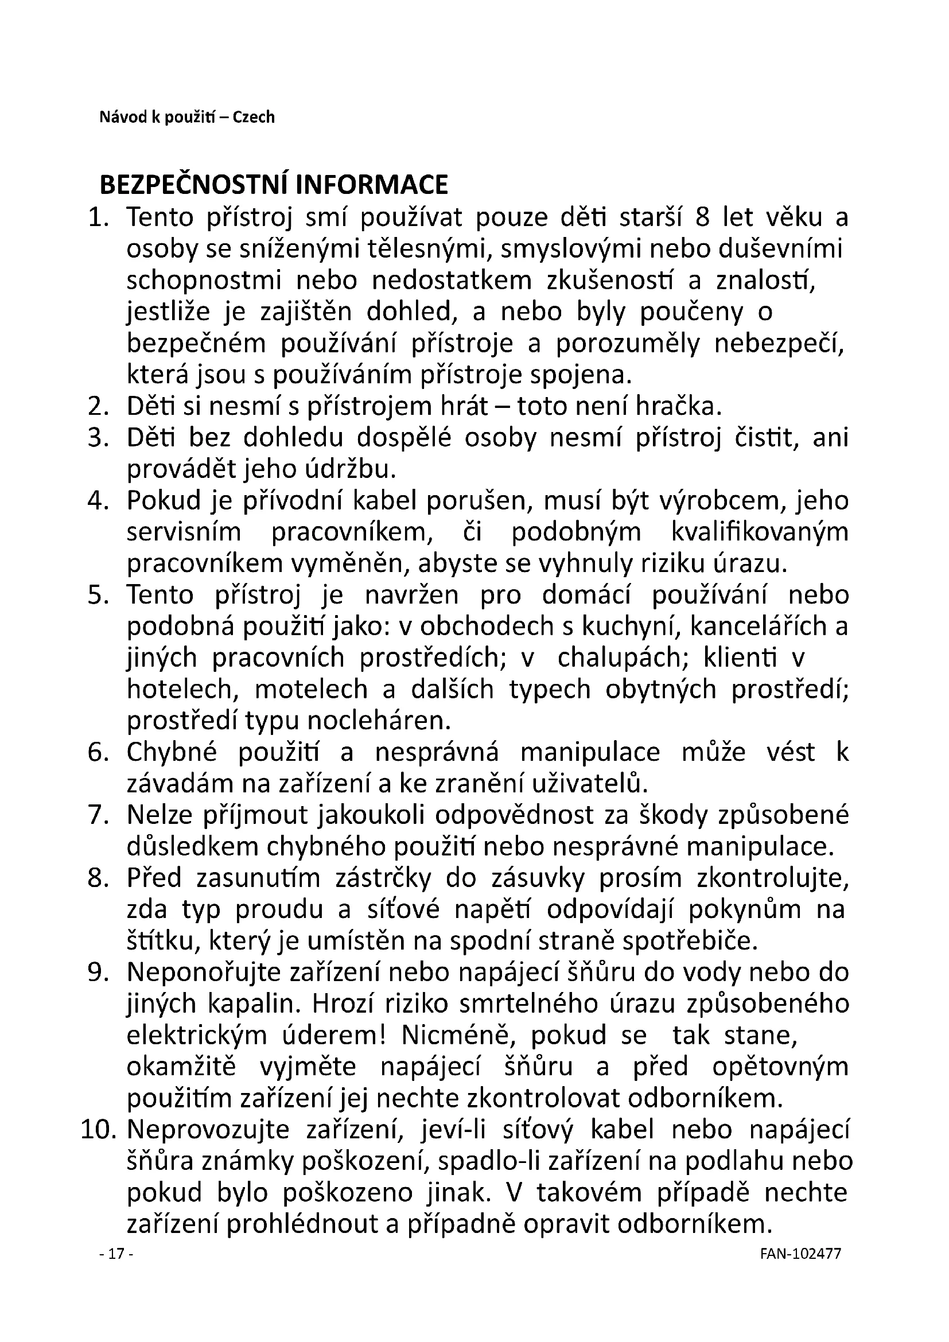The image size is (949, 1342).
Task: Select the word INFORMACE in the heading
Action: (x=372, y=185)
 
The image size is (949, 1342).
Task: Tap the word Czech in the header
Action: (x=254, y=118)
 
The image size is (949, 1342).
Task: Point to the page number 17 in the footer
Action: (x=117, y=1270)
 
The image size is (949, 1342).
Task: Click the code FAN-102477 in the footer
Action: (x=801, y=1270)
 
